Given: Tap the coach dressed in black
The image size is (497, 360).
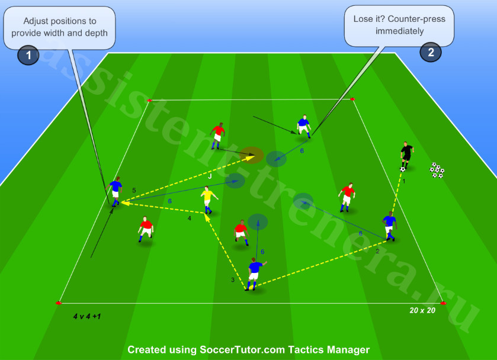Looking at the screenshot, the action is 407,155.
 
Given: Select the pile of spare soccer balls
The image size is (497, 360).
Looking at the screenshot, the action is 437,170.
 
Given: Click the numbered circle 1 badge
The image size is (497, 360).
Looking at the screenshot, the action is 28,55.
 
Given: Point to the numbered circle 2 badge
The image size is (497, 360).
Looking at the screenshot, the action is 431,52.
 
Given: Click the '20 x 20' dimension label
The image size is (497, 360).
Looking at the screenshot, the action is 422,310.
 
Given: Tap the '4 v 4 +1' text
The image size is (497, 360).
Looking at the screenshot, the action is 87,316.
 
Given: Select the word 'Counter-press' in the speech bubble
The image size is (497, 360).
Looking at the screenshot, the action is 416,19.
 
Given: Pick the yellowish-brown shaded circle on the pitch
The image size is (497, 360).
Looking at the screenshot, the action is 251,155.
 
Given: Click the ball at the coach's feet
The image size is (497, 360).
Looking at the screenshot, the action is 403,169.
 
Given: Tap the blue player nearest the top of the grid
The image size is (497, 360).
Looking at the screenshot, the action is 304,127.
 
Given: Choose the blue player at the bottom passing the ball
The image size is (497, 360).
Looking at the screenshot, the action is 255,274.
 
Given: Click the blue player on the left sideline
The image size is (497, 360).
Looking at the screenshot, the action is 115,191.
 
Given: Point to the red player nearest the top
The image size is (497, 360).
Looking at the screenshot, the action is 217,136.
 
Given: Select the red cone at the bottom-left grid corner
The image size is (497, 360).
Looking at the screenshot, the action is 59,303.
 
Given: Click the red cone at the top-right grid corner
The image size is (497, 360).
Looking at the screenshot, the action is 352,99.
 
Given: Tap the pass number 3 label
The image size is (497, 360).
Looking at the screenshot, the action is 233,280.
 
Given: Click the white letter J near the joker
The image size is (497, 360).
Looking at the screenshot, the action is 210,176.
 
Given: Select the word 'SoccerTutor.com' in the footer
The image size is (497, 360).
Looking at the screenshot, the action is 242,349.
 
